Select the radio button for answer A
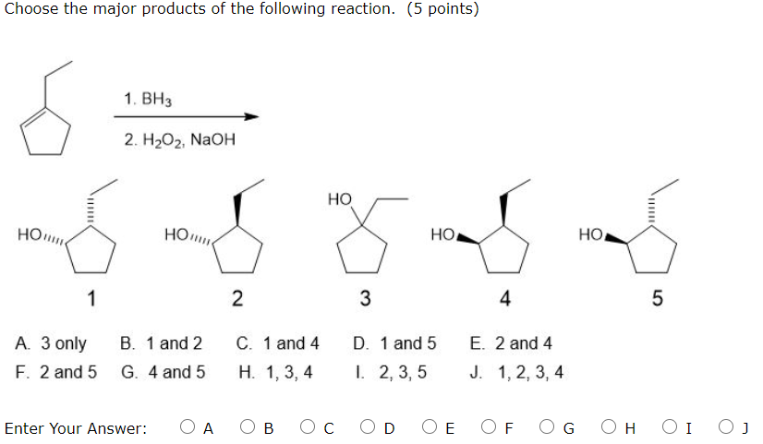tap(188, 427)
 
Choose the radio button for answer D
tap(369, 427)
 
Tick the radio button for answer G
tap(549, 427)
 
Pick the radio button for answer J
tap(730, 427)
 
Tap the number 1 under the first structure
tap(91, 297)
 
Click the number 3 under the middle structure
tap(365, 297)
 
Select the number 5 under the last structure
tap(657, 297)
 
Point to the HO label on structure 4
tap(443, 235)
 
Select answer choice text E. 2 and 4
tap(511, 344)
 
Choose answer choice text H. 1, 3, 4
tap(275, 372)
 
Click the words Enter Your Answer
tap(76, 428)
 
